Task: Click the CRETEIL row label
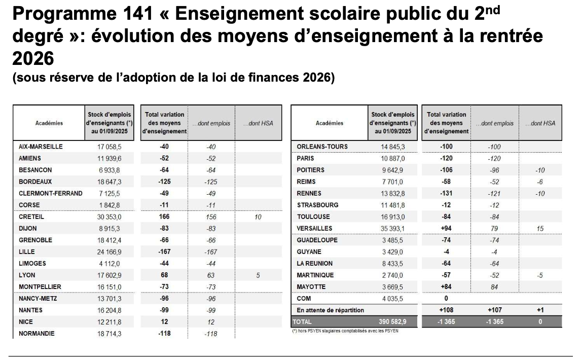pyautogui.click(x=31, y=217)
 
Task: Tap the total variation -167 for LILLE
pyautogui.click(x=164, y=252)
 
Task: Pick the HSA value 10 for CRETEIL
pyautogui.click(x=258, y=217)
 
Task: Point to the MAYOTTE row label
pyautogui.click(x=311, y=287)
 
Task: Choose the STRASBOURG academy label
pyautogui.click(x=317, y=205)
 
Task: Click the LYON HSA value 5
pyautogui.click(x=258, y=275)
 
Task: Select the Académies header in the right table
pyautogui.click(x=330, y=123)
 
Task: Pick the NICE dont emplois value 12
pyautogui.click(x=211, y=322)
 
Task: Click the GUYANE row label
pyautogui.click(x=310, y=252)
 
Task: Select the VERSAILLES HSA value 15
pyautogui.click(x=540, y=229)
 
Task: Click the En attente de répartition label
pyautogui.click(x=330, y=310)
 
